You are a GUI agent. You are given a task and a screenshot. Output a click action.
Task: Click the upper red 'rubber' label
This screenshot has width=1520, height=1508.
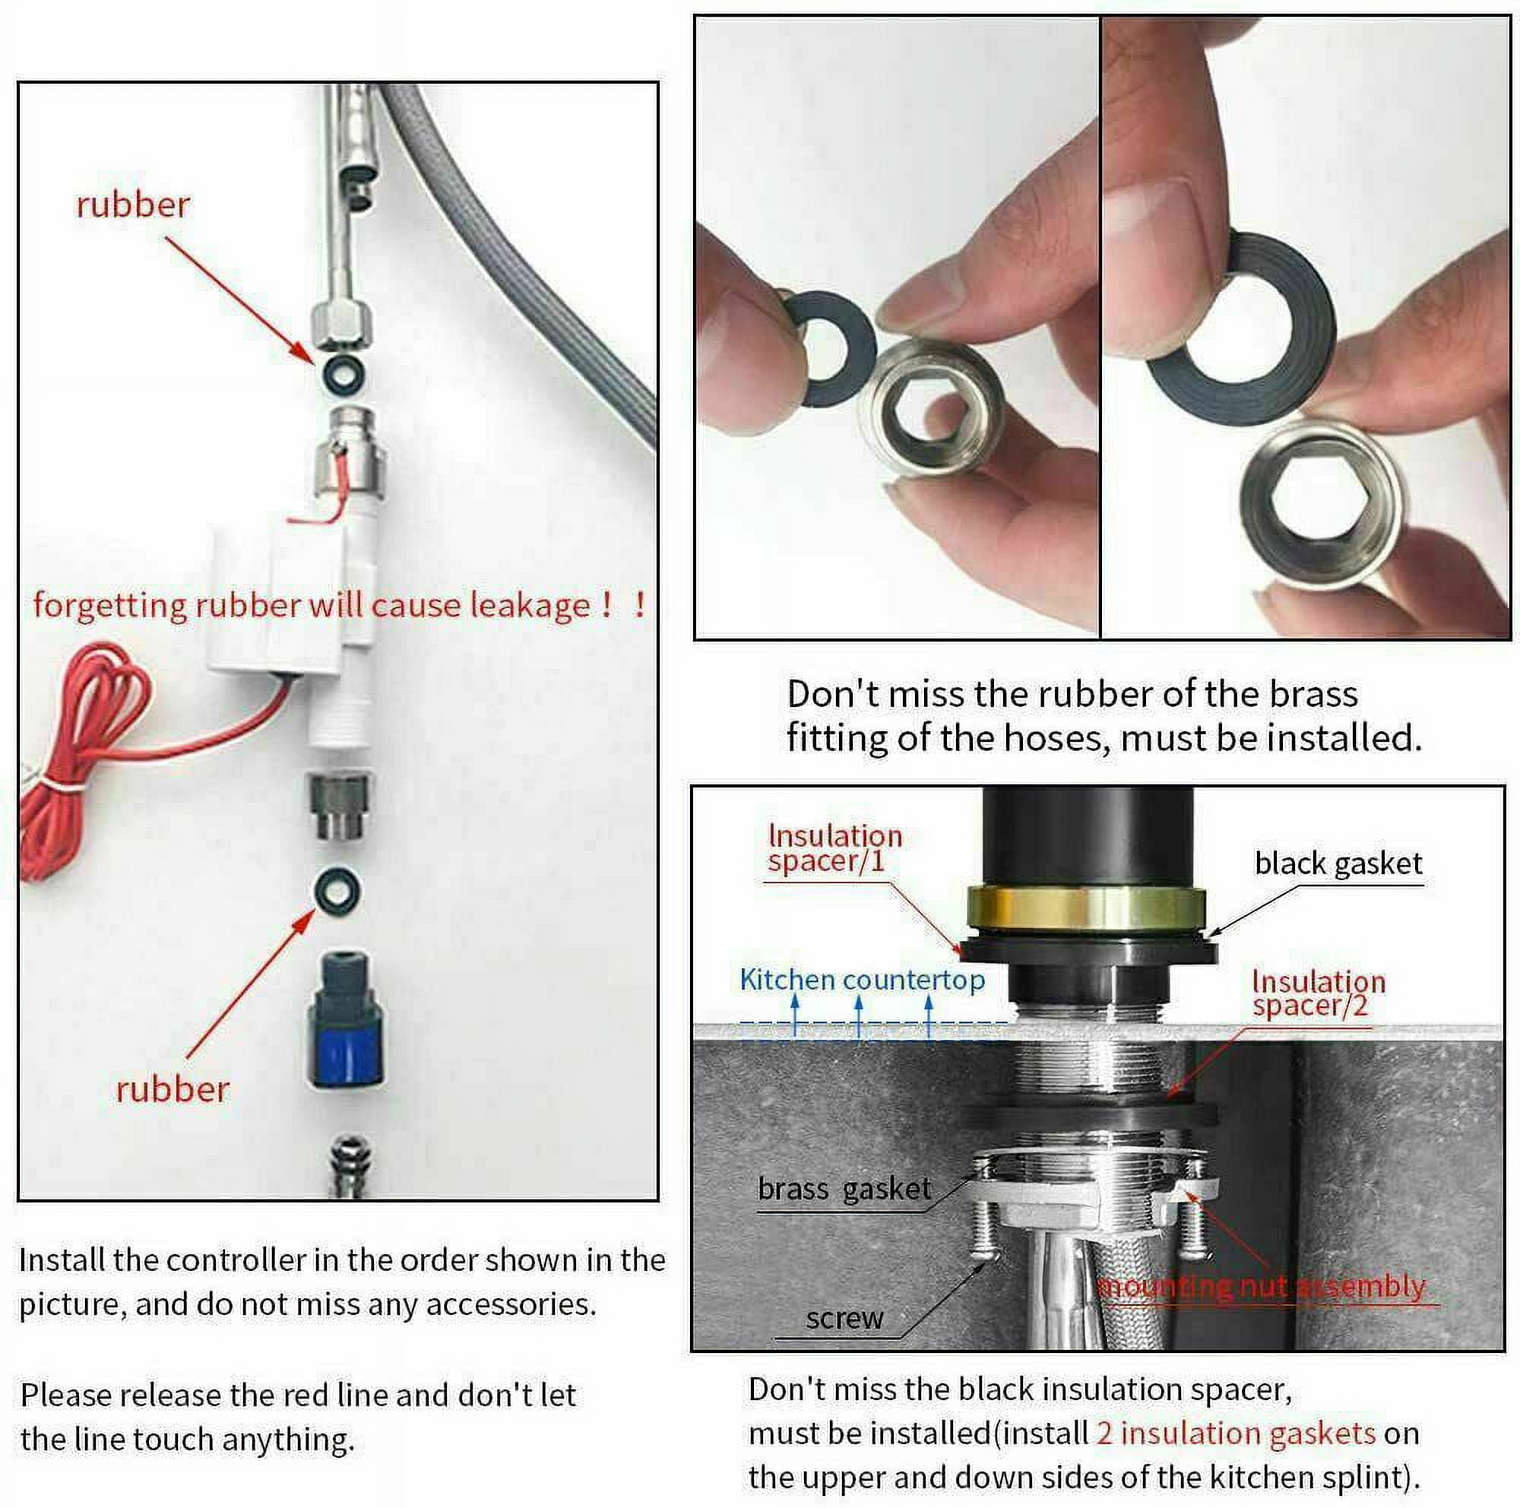(x=132, y=204)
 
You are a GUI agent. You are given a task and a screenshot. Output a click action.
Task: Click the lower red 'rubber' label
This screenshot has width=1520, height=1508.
(x=173, y=1088)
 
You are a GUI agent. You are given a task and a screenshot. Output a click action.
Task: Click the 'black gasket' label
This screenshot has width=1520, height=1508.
(x=1338, y=863)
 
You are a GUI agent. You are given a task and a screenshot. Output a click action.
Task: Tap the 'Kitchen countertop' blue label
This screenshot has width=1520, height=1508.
(x=862, y=980)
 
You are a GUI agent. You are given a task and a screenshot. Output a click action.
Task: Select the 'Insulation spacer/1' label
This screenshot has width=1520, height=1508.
(x=834, y=848)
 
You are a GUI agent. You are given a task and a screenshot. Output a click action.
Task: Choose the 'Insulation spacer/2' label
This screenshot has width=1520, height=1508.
(x=1318, y=993)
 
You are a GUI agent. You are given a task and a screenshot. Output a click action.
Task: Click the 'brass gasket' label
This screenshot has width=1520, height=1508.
(x=844, y=1189)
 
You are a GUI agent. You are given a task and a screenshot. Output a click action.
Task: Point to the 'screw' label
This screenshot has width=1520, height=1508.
(x=844, y=1318)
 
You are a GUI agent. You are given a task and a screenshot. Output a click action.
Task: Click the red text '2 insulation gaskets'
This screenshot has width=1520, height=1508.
(x=1235, y=1433)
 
